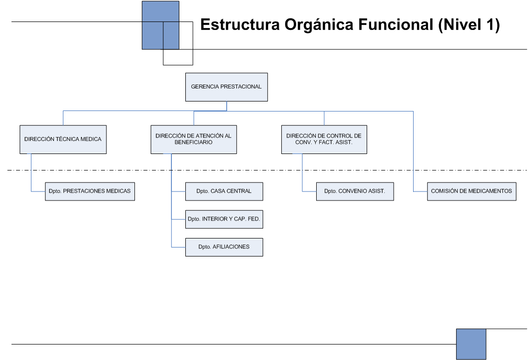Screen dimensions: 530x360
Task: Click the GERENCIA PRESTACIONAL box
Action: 226,87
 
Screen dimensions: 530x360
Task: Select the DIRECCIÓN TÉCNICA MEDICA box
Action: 63,139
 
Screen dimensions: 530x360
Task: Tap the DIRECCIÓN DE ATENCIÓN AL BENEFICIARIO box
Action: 194,139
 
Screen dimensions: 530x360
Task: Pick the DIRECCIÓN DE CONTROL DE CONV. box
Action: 324,139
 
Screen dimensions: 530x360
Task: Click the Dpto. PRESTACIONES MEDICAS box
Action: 90,191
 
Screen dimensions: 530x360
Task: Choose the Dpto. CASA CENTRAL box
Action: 224,191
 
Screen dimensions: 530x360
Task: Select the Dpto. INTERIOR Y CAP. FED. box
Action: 224,219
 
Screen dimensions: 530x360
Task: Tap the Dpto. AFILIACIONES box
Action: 224,247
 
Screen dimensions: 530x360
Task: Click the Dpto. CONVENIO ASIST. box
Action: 355,191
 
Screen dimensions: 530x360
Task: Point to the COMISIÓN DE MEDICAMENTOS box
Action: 472,191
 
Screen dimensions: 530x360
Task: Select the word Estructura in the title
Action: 240,24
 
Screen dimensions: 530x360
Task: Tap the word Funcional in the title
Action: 396,24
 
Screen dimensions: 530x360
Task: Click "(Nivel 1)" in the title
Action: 469,25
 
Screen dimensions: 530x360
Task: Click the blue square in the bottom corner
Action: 471,344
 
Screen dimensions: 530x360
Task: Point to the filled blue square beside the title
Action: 160,25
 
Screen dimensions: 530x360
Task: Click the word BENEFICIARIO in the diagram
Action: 193,142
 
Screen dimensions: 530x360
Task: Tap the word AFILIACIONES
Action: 231,247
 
